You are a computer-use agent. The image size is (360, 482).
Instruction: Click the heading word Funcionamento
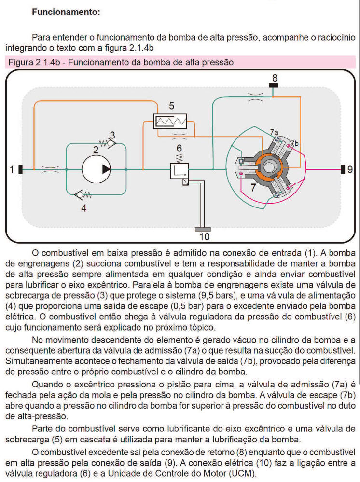(66, 13)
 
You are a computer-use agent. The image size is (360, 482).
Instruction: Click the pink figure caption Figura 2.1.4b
(121, 62)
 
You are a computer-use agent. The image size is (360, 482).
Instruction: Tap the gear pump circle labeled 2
(96, 169)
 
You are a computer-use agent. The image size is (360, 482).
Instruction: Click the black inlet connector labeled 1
(21, 169)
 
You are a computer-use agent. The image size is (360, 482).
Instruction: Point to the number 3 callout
(112, 135)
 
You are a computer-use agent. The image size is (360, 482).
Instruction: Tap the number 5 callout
(171, 106)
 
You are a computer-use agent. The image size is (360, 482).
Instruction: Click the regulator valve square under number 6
(179, 172)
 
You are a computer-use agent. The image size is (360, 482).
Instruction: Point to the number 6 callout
(179, 149)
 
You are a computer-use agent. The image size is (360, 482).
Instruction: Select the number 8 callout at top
(274, 78)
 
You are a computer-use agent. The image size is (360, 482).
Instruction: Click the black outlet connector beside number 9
(343, 169)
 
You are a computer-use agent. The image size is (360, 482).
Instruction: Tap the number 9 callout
(350, 169)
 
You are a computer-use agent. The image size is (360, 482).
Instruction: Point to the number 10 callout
(205, 237)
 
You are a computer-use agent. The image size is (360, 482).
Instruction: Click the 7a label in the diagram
(274, 132)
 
